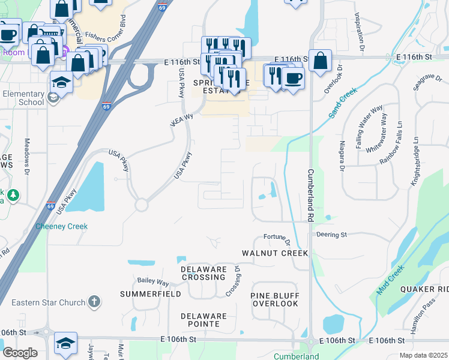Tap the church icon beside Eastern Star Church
[94, 302]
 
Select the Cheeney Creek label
[61, 226]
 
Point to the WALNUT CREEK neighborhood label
[274, 253]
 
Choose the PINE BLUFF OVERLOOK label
[274, 299]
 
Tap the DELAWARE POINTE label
[204, 320]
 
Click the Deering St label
[332, 235]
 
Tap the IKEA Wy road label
[182, 120]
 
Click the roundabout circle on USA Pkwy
[141, 205]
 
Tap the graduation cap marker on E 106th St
[65, 343]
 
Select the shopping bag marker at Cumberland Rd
[320, 61]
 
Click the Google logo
[20, 353]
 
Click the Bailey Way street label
[153, 281]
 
